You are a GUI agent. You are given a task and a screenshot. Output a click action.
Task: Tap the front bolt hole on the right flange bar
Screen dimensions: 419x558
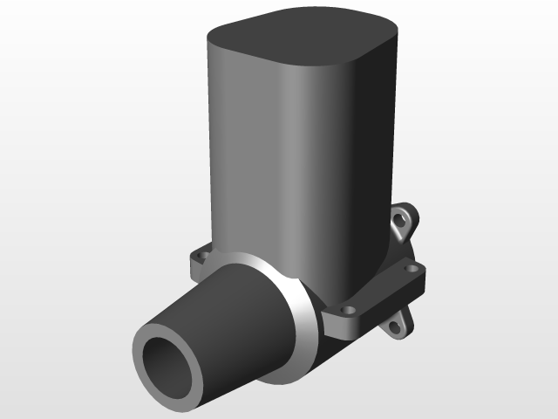tap(350, 310)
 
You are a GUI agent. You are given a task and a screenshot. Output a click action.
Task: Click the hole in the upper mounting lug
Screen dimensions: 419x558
tap(404, 220)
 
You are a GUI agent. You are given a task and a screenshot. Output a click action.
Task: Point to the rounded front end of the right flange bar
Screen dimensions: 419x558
tap(336, 323)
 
